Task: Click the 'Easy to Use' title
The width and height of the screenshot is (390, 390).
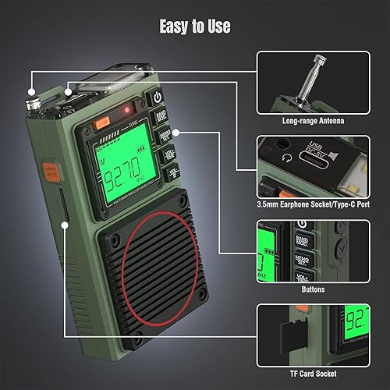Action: pos(195,27)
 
